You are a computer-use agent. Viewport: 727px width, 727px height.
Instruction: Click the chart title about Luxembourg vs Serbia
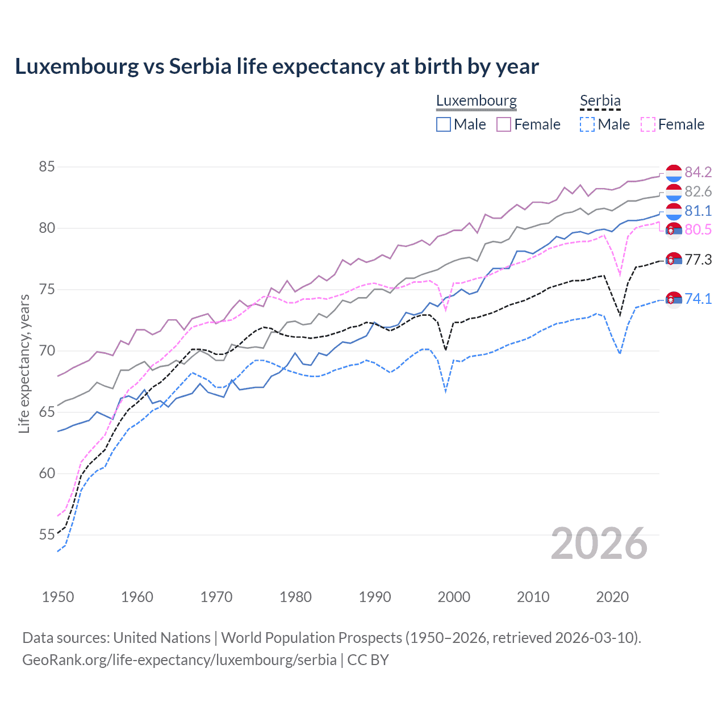tap(277, 66)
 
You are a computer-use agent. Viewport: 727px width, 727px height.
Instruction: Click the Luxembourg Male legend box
tap(444, 124)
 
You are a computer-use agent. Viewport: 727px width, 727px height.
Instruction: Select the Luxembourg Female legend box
tap(504, 124)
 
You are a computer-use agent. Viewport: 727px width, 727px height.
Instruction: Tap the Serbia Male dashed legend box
tap(587, 124)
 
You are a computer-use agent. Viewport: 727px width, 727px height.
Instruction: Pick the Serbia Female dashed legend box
tap(647, 124)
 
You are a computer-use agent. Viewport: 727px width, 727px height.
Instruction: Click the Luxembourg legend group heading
tap(476, 101)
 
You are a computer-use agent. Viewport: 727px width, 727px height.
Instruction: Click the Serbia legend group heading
tap(600, 101)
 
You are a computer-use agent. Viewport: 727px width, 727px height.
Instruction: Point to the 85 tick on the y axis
tap(47, 167)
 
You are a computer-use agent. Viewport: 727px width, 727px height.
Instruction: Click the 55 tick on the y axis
tap(47, 534)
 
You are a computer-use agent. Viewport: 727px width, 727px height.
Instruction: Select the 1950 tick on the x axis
tap(58, 597)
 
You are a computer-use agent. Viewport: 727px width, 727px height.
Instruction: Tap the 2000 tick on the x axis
tap(454, 597)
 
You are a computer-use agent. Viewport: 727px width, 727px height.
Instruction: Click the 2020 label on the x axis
tap(612, 597)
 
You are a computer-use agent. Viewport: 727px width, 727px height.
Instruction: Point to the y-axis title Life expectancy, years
tap(24, 363)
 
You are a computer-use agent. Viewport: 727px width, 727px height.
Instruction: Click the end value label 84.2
tap(698, 172)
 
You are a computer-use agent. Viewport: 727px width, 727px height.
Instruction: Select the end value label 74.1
tap(698, 299)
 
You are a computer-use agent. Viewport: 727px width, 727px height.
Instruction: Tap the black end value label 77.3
tap(698, 260)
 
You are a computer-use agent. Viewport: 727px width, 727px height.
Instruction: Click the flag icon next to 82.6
tap(674, 192)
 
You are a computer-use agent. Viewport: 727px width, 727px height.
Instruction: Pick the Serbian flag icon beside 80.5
tap(674, 230)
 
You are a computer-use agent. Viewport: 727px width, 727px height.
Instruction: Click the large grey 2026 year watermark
tap(599, 544)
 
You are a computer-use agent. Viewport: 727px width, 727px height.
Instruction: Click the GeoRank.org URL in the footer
tap(179, 660)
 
